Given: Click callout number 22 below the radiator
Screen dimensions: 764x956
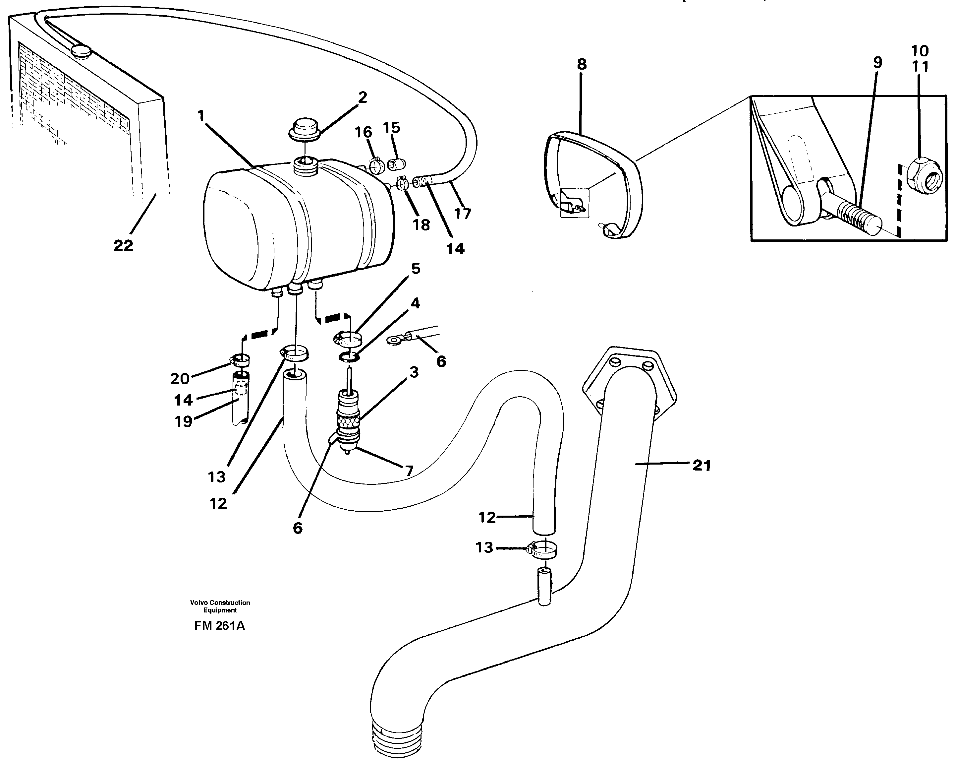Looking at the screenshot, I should coord(123,245).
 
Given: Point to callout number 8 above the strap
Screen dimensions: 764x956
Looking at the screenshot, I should coord(582,64).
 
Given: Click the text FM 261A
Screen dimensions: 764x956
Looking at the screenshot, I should coord(219,626).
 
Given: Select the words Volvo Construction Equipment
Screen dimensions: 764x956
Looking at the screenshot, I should coord(220,606).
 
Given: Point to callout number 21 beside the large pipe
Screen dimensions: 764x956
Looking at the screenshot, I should coord(702,466).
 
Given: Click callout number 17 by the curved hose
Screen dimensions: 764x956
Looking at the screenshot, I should coord(463,214).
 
